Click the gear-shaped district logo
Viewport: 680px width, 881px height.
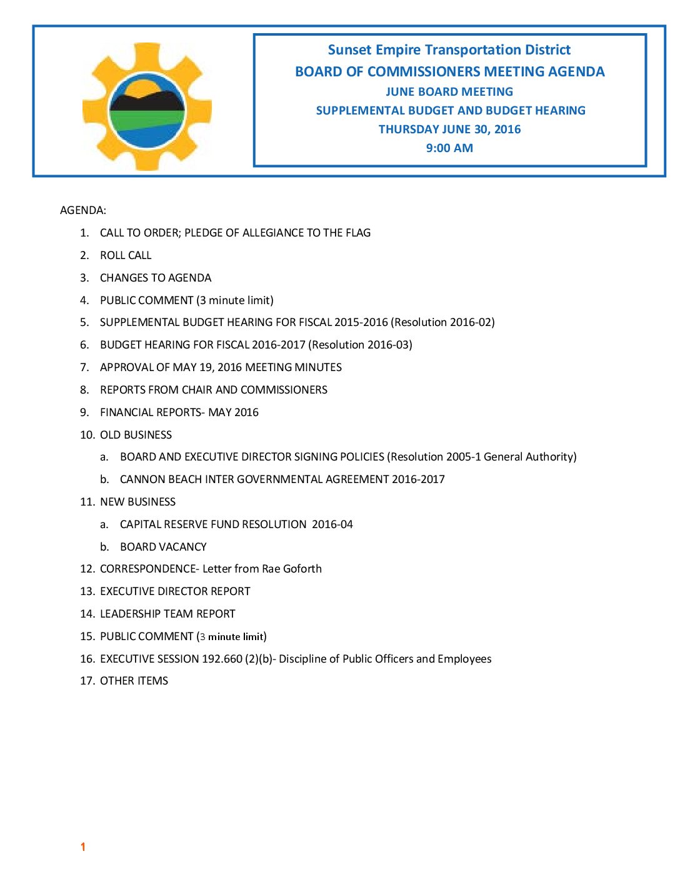tap(147, 107)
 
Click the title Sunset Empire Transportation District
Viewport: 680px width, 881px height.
tap(449, 50)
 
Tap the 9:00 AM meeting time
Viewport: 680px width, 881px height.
tap(449, 148)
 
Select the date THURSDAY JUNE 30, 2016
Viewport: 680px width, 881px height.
tap(449, 130)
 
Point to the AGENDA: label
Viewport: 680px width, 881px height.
tap(83, 210)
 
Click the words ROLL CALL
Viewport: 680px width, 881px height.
tap(126, 255)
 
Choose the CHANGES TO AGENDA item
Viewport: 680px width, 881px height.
tap(156, 278)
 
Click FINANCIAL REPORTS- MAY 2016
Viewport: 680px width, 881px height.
tap(179, 412)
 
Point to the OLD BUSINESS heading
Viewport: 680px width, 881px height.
tap(136, 435)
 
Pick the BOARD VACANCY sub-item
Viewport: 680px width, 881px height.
tap(163, 547)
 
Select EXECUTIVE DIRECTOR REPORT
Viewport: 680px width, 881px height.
tap(175, 591)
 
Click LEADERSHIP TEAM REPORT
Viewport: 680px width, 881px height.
tap(167, 614)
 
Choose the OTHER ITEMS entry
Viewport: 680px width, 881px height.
tap(134, 681)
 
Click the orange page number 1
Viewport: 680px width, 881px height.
tap(82, 847)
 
